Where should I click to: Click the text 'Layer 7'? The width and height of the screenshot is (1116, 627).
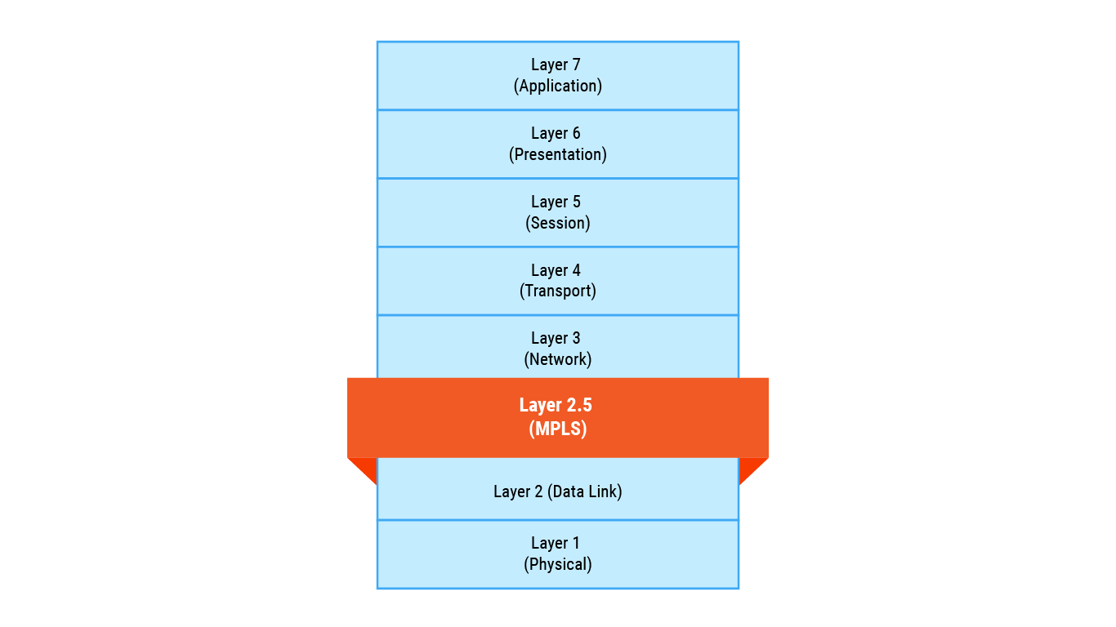click(556, 65)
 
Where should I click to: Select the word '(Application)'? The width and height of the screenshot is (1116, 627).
click(558, 86)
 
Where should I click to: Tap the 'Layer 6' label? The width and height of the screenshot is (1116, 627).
click(556, 134)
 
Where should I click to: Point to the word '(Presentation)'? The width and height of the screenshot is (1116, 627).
click(558, 154)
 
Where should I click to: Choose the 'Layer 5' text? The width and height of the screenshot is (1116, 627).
click(556, 202)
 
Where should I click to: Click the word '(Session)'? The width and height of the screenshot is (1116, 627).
click(558, 223)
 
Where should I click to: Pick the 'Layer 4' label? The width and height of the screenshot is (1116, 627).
click(556, 270)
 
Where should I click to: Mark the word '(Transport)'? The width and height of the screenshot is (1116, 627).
click(558, 291)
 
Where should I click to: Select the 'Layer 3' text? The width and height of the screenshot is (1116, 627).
click(556, 339)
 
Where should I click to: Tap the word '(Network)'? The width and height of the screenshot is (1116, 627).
click(558, 359)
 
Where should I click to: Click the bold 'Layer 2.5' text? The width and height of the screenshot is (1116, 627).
click(556, 406)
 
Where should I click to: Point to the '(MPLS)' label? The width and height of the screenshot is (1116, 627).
click(558, 429)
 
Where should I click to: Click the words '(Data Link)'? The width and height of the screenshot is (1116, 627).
click(584, 491)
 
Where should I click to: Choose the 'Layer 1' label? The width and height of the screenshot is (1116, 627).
click(556, 544)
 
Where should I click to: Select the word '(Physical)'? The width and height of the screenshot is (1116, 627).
click(558, 564)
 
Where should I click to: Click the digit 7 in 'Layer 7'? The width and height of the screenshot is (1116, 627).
click(576, 65)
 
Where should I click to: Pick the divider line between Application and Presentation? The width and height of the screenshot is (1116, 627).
click(558, 109)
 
